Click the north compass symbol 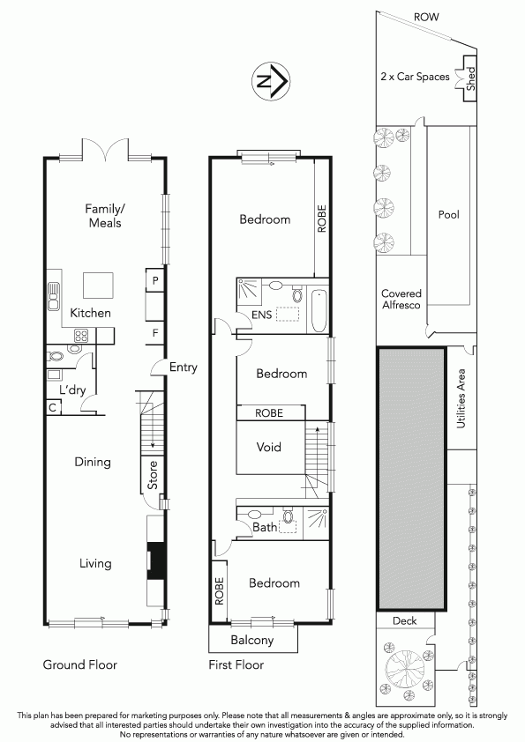[270, 81]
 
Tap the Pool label [449, 215]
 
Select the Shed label [470, 79]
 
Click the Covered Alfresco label [401, 299]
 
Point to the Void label [268, 447]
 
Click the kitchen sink [54, 296]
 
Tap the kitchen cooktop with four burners [81, 336]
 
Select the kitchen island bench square [99, 286]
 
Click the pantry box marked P [155, 281]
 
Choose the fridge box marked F [155, 334]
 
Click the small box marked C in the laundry [53, 407]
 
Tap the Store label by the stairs [153, 475]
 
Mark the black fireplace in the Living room [155, 561]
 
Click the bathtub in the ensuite [319, 310]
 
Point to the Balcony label [252, 641]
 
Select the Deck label [405, 621]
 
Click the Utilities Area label [461, 399]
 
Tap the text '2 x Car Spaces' [415, 76]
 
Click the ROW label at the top [426, 17]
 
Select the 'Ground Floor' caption [80, 664]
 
